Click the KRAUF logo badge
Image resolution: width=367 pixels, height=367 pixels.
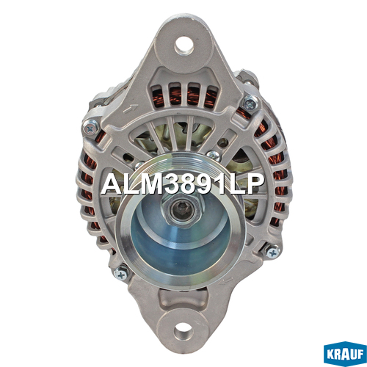point(345,354)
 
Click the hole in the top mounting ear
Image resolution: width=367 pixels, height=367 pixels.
point(183,46)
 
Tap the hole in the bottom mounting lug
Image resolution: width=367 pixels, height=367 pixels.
point(183,332)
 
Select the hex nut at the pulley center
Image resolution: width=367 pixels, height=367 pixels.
point(181,210)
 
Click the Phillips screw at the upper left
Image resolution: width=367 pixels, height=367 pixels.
point(90,128)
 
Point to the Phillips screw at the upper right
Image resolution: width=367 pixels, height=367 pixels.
point(250,104)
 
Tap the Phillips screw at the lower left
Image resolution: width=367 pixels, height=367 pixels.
point(121,275)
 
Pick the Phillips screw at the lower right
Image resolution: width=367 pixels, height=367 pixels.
point(273,252)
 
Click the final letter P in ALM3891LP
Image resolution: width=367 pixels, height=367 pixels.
point(255,184)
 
